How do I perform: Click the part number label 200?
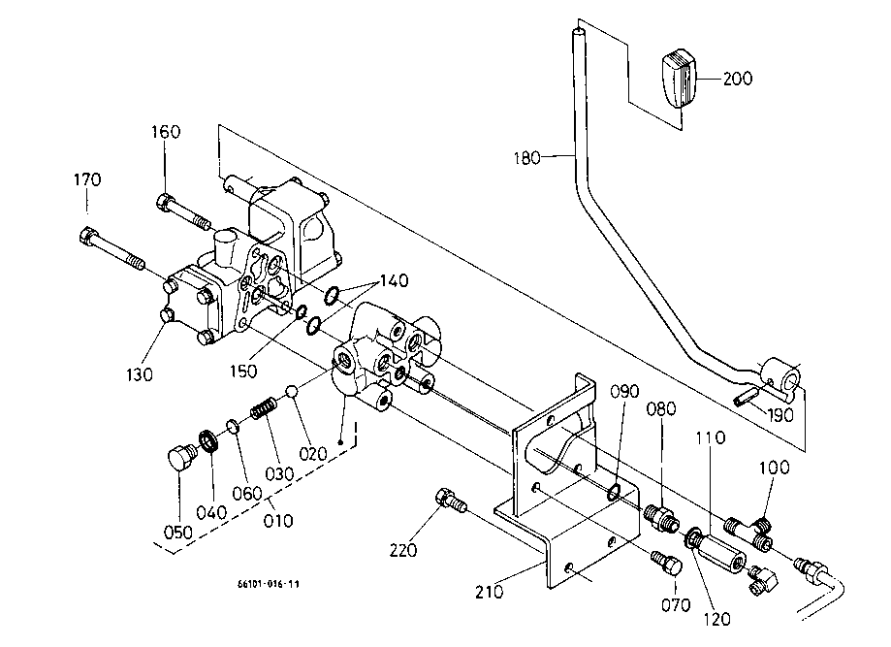(738, 79)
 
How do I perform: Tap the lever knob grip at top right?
(679, 79)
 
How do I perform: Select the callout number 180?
(526, 158)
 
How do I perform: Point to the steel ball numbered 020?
(292, 391)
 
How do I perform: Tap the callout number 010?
(278, 521)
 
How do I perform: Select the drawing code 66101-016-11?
(269, 584)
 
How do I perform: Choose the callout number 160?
(166, 132)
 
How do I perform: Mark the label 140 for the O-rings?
(394, 280)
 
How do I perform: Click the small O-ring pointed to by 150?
(302, 310)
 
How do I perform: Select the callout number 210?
(490, 592)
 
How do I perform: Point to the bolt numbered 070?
(666, 563)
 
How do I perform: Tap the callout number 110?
(711, 437)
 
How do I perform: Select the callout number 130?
(140, 374)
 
